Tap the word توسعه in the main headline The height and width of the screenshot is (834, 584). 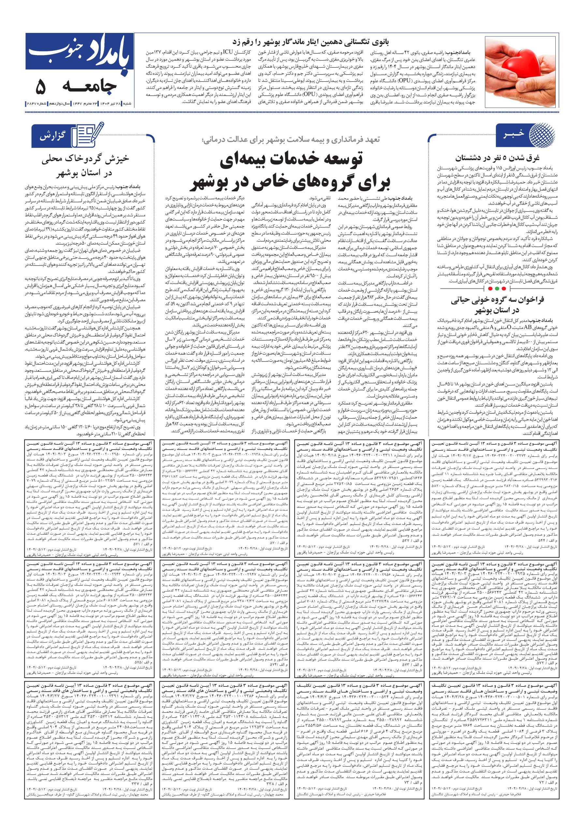click(x=332, y=161)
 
